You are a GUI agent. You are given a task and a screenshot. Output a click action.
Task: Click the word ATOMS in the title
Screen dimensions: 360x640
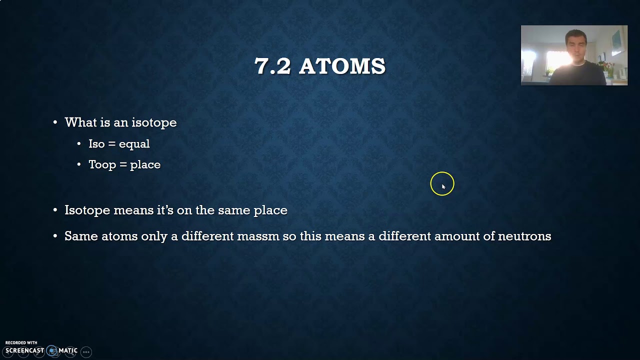342,66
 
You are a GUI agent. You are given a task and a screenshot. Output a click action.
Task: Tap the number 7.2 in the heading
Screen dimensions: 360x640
272,66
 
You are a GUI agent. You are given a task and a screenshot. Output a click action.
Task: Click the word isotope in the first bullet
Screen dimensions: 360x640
154,122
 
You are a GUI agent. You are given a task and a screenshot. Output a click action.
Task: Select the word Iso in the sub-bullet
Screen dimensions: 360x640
96,144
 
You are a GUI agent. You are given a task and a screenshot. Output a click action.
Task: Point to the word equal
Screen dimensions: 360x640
134,144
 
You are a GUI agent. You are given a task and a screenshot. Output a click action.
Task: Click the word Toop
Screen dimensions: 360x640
102,164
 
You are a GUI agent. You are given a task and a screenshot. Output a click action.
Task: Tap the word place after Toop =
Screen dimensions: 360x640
145,164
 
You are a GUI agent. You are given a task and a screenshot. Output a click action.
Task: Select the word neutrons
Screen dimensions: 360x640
524,236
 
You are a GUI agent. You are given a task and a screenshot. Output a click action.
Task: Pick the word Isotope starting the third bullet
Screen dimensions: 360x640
87,210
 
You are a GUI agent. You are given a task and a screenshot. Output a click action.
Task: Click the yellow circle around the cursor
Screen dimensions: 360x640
442,183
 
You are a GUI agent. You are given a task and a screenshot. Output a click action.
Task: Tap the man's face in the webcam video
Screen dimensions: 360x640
575,45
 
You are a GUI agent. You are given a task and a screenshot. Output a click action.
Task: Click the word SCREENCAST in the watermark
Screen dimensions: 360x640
24,350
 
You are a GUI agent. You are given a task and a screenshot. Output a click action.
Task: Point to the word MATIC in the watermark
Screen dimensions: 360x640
68,350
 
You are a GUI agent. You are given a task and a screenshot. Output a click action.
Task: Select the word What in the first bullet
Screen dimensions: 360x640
80,122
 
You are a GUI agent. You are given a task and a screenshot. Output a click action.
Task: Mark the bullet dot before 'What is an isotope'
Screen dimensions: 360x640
55,123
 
